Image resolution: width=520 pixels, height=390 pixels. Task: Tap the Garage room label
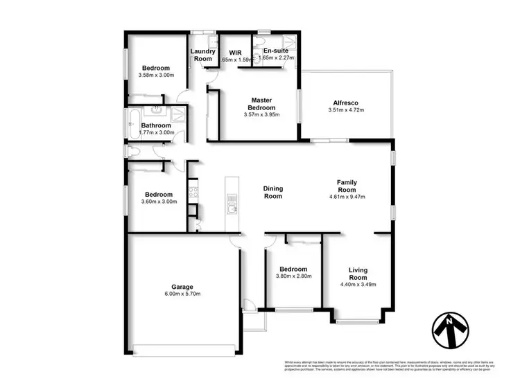tap(182, 286)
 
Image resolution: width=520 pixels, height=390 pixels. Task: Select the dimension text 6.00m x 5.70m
tap(182, 294)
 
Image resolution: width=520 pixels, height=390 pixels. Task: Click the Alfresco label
tap(345, 101)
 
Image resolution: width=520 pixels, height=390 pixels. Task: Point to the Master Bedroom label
tap(262, 104)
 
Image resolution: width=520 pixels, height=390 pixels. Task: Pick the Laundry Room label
tap(202, 55)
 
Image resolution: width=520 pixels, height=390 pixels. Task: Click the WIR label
tap(235, 51)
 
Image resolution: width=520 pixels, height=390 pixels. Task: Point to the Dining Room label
tap(272, 192)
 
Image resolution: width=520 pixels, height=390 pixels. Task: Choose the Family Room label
tap(347, 186)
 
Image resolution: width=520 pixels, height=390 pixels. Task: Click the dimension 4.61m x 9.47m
tap(347, 197)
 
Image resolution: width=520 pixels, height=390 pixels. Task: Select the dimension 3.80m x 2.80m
tap(295, 276)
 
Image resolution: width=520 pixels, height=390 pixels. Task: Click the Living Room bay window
tap(358, 321)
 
